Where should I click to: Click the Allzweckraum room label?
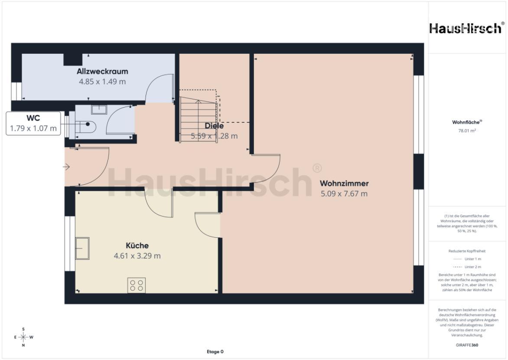coord(102,72)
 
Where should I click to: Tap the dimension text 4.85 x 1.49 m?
coord(102,82)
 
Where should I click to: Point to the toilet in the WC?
coord(87,124)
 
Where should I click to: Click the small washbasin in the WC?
coord(99,109)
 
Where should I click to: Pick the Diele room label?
coord(215,126)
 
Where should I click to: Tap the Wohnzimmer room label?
coord(344,183)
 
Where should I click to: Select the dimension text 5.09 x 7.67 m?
coord(344,194)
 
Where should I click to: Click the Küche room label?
coord(137,246)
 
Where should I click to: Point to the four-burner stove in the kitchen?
coord(137,285)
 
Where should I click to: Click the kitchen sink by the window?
coord(82,248)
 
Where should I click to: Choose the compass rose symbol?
coord(23,337)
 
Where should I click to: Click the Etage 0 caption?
coord(215,352)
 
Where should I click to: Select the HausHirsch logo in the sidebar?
coord(467,28)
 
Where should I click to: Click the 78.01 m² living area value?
coord(467,130)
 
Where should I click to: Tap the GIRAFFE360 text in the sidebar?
coord(467,345)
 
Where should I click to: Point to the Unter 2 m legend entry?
coord(467,267)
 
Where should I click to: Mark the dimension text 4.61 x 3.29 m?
coord(137,256)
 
